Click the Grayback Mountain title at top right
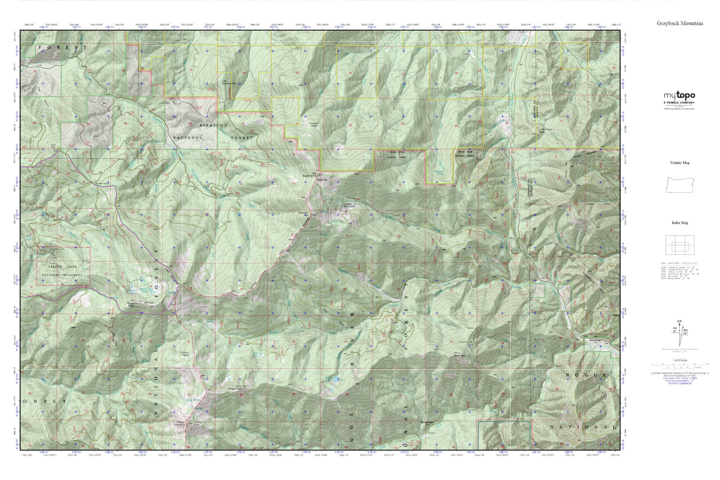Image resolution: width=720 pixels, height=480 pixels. point(680,23)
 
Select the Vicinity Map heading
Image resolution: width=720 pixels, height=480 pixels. point(680,163)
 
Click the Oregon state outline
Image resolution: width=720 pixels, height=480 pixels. point(679,185)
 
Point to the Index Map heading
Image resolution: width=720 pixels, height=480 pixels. point(680,223)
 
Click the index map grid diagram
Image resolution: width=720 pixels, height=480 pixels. point(679,246)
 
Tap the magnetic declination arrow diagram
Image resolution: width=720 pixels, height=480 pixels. point(679,331)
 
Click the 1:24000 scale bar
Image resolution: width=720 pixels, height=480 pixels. point(679,365)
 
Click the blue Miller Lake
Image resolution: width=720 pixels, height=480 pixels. point(331,381)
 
